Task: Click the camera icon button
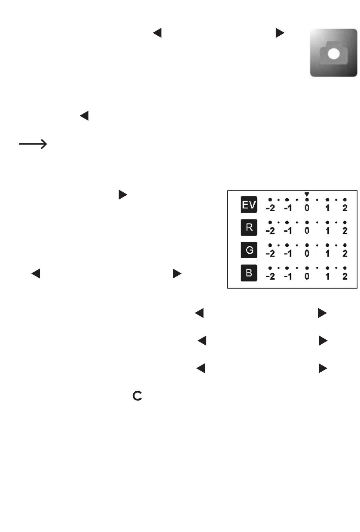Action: click(x=333, y=53)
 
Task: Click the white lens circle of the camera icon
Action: click(x=333, y=54)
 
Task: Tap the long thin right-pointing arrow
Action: click(x=33, y=144)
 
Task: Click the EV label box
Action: click(x=249, y=205)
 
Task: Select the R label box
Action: click(x=249, y=228)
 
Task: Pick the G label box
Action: click(x=249, y=250)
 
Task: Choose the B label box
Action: click(x=249, y=273)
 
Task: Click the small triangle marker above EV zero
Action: click(x=307, y=194)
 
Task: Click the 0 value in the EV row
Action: click(x=307, y=208)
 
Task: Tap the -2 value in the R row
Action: click(x=270, y=231)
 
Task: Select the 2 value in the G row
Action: click(x=345, y=254)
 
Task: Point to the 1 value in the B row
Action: click(x=327, y=276)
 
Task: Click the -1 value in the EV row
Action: click(x=288, y=208)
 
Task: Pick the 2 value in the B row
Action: click(x=345, y=276)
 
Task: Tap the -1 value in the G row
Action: click(x=288, y=254)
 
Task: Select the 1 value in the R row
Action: click(x=327, y=231)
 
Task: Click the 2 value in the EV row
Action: click(x=345, y=208)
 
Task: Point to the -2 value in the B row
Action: click(x=270, y=276)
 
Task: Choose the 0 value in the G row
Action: click(x=307, y=254)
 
